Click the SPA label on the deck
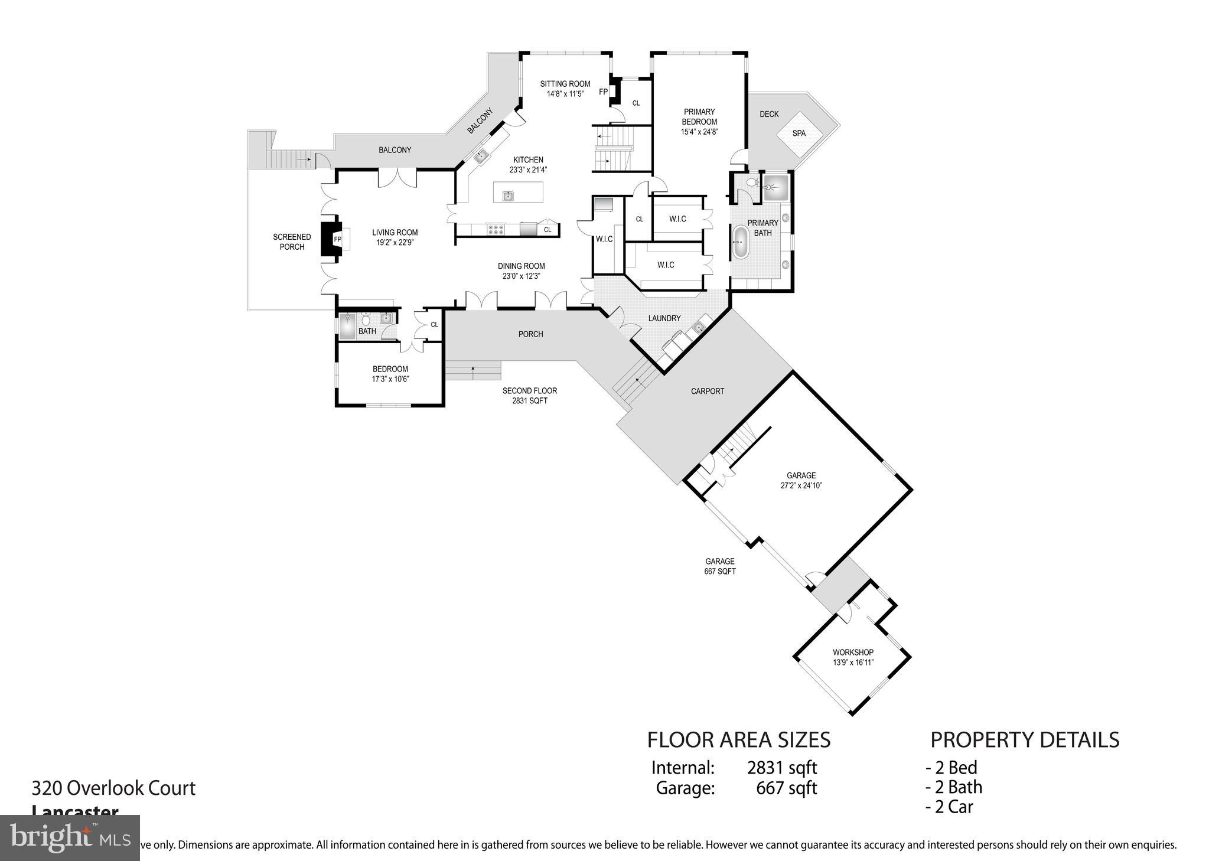(799, 133)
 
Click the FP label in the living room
(337, 239)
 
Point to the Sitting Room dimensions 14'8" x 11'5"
(565, 94)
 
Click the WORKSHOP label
(853, 652)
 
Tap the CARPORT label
(707, 391)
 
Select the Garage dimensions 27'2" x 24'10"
(801, 485)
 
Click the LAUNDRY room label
(664, 318)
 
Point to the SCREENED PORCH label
(292, 242)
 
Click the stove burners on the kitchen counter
(496, 229)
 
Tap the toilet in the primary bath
(750, 183)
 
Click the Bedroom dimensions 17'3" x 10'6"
(390, 379)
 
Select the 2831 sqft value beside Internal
(781, 768)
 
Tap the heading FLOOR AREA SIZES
(738, 739)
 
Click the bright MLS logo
(70, 837)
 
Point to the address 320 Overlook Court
(113, 788)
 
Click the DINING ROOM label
(521, 266)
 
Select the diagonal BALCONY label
(480, 121)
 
